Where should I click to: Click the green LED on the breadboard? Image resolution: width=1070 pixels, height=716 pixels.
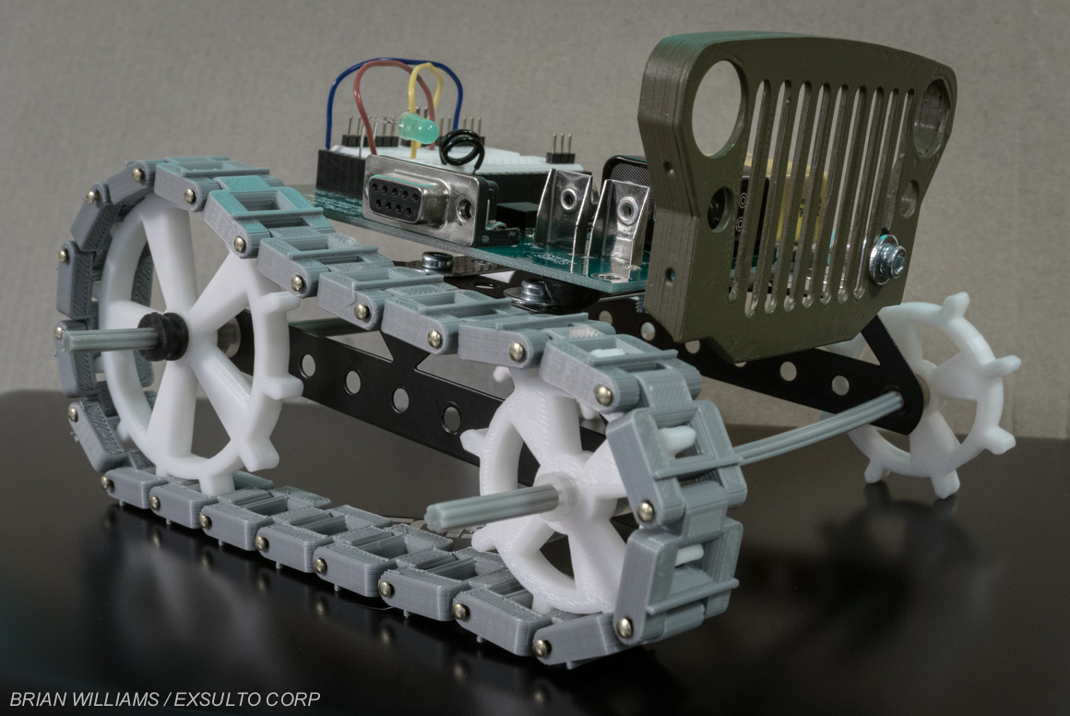pos(417,128)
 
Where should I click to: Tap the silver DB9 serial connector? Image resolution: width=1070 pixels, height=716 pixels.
pos(420,199)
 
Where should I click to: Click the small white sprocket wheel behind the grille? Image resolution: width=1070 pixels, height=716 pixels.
pos(936,394)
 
